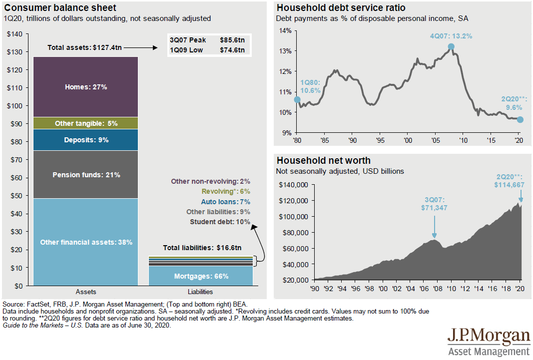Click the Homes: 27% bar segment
pos(86,87)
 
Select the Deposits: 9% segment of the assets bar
pos(86,140)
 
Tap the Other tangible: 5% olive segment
pos(86,123)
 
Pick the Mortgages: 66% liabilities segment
pos(201,276)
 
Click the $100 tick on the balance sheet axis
pos(16,106)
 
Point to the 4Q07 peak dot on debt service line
pos(451,46)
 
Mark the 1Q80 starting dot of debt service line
pos(297,99)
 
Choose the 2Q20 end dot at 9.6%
pos(520,119)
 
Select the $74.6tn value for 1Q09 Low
pos(232,50)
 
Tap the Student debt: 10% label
pos(220,221)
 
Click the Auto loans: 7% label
pos(225,202)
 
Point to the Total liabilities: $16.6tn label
pos(202,248)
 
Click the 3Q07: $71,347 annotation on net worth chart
pos(434,203)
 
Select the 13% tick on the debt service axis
pos(284,51)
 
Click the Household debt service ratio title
pos(341,7)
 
